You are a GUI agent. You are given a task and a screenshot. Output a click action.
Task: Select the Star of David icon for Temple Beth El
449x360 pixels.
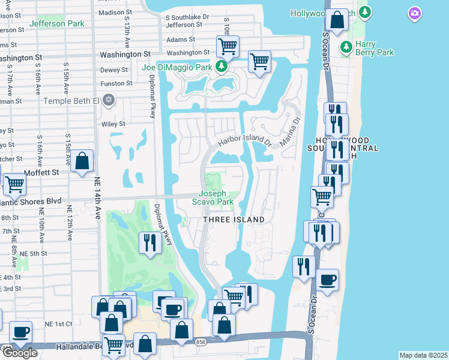(108, 100)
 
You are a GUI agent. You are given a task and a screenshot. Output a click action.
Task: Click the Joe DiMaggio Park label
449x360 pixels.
(177, 67)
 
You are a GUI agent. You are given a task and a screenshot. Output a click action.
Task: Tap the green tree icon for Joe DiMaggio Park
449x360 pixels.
(221, 66)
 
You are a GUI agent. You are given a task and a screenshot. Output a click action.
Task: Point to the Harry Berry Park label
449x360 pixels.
(374, 52)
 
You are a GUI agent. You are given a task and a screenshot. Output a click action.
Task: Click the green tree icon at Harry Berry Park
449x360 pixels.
(346, 47)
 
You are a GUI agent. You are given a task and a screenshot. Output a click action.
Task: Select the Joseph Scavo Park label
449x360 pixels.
(216, 198)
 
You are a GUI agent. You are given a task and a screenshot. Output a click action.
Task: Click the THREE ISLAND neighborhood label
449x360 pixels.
(234, 220)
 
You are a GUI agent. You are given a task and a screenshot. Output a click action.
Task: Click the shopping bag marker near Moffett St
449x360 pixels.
(83, 161)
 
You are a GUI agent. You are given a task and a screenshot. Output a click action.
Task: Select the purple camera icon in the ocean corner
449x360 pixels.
(414, 13)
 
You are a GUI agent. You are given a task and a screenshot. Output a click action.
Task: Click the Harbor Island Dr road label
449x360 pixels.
(245, 141)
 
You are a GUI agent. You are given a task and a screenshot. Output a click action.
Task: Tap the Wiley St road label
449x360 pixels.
(113, 124)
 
